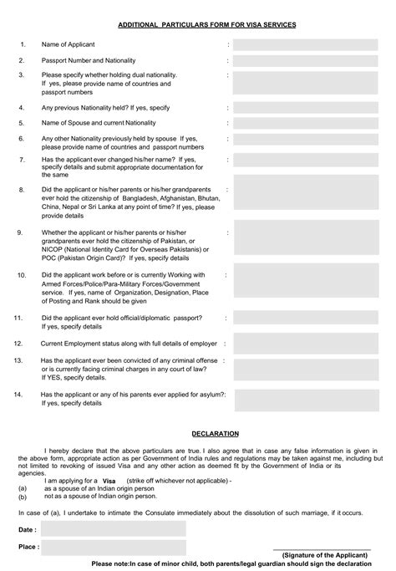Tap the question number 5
[x=23, y=123]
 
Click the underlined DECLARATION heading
[x=216, y=435]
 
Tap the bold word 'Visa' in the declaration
[x=109, y=482]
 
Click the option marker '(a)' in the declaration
[x=23, y=488]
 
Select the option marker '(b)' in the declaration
[x=23, y=496]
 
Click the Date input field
[x=113, y=528]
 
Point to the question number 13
[x=18, y=359]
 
